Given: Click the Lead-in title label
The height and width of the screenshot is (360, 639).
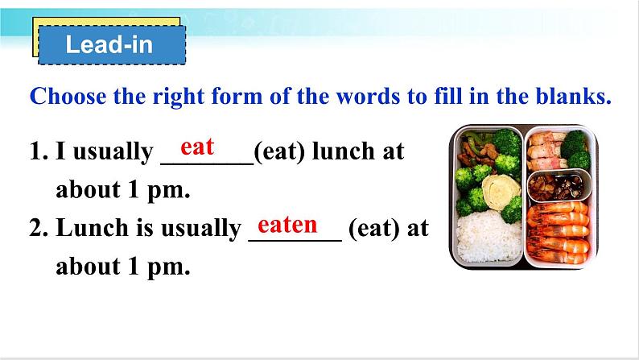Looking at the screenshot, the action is tap(109, 44).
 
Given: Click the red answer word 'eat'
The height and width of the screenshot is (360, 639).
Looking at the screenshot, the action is tap(197, 147).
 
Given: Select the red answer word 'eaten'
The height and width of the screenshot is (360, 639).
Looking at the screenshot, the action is tap(287, 225).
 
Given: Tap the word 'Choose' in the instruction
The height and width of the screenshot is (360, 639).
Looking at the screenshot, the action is tap(68, 97).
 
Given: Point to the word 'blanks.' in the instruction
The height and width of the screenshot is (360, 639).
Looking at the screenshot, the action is tap(574, 96).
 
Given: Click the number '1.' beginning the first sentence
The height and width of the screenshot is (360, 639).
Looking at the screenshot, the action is tap(39, 151).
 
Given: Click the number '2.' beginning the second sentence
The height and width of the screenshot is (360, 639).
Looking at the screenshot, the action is tap(39, 228).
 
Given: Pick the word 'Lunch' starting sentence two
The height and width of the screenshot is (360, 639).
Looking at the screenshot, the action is tap(92, 227).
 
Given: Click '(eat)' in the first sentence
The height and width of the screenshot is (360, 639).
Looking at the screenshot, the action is tap(279, 151).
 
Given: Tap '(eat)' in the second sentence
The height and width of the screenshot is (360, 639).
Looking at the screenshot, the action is tap(374, 228).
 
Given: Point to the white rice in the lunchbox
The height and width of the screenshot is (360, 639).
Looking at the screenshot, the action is tap(489, 237).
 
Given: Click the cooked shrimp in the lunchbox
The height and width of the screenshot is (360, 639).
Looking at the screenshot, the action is tap(558, 233).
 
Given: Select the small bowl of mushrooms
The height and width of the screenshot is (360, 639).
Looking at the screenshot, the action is tap(559, 185).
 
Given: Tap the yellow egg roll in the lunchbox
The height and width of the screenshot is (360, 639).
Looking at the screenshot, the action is tap(501, 192).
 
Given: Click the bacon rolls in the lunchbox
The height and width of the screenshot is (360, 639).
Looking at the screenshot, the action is tap(547, 151).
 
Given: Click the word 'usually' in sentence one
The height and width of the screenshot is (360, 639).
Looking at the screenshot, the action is tap(113, 152).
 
